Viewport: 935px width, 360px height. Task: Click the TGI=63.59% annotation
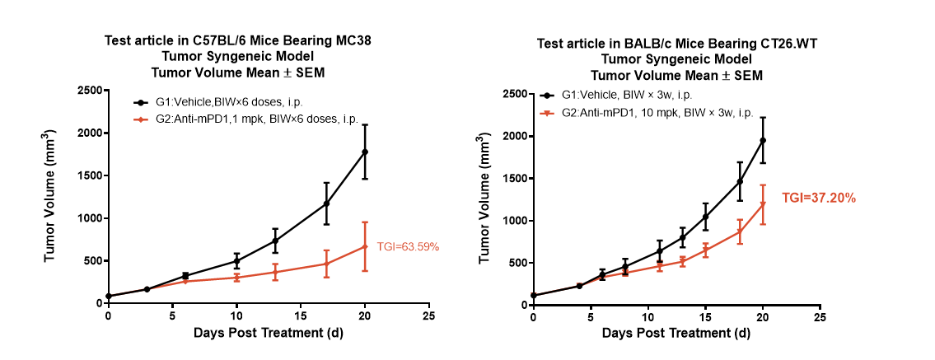click(408, 246)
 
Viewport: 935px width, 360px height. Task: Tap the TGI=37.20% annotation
click(819, 199)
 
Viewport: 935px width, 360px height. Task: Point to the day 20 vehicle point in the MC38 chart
click(365, 152)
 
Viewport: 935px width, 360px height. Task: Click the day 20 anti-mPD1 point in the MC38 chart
click(365, 246)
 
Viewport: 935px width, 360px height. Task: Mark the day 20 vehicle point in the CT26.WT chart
click(763, 140)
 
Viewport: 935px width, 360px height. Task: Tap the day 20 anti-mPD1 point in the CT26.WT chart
click(763, 204)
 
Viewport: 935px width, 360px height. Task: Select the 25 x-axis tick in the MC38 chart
click(429, 316)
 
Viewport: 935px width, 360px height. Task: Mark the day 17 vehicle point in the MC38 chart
click(326, 203)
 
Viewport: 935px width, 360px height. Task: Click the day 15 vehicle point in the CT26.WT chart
click(705, 217)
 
